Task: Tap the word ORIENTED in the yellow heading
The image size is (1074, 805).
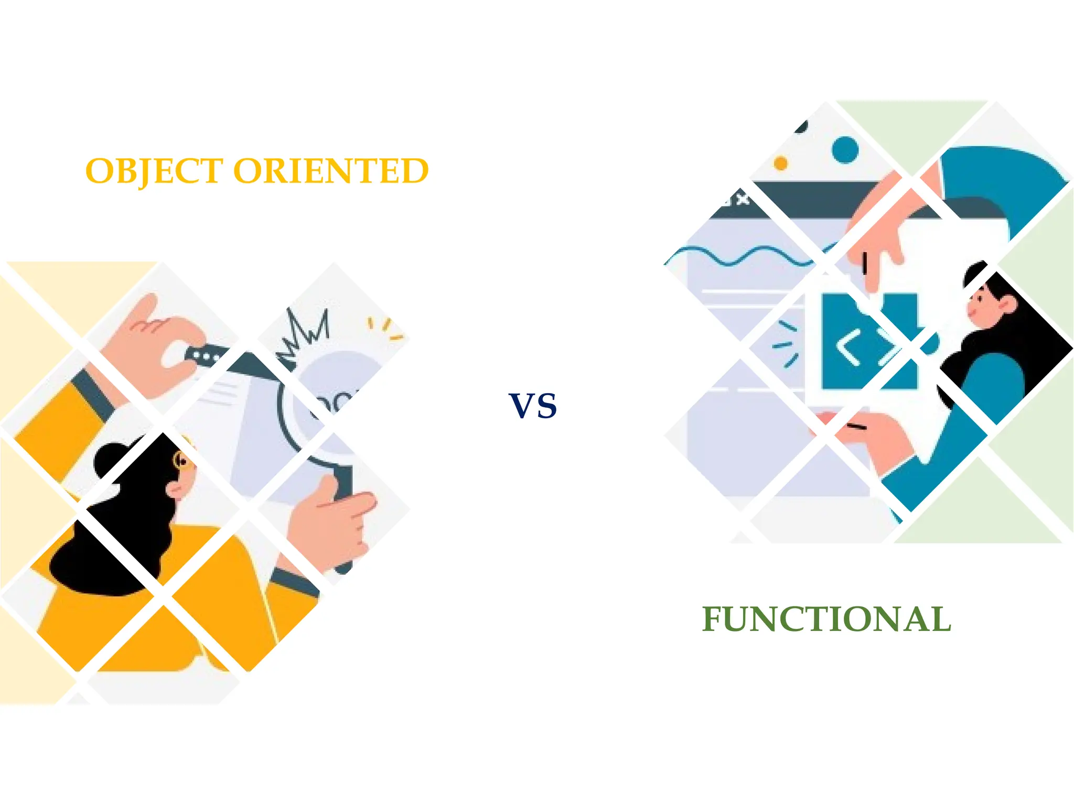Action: pos(330,171)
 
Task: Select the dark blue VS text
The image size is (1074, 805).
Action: pos(533,406)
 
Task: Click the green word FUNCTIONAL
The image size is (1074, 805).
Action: pos(826,619)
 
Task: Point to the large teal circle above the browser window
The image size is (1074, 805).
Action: pos(845,150)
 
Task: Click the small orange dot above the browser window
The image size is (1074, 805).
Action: pos(781,164)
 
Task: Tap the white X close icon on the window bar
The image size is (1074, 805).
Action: pos(742,200)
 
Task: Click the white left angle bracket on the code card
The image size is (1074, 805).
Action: pos(848,347)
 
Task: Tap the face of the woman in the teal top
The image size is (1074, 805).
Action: pos(980,307)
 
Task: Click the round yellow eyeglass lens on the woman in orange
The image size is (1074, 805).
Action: pos(180,460)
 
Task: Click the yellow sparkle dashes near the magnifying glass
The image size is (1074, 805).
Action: pos(385,327)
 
